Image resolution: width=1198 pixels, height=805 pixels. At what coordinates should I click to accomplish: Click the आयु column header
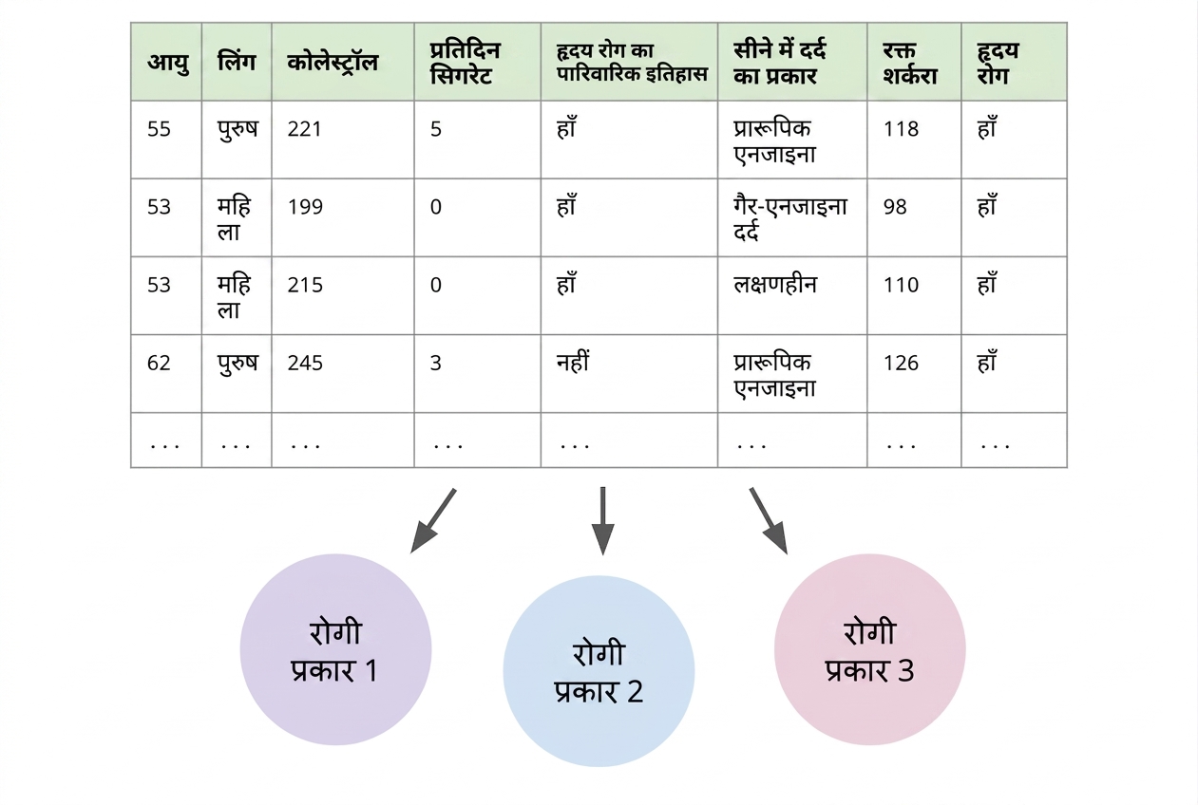tap(168, 63)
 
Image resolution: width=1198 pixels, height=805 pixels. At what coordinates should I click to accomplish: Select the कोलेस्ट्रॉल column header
tap(333, 63)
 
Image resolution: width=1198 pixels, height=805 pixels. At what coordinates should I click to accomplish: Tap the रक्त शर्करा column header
tap(910, 63)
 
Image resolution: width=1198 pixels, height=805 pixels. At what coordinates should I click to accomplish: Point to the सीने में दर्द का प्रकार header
tap(780, 63)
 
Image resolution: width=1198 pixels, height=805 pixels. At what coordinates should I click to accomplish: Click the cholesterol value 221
tap(304, 129)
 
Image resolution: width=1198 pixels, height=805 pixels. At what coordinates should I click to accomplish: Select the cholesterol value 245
tap(305, 363)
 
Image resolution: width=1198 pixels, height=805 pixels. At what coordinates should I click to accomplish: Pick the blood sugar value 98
tap(895, 207)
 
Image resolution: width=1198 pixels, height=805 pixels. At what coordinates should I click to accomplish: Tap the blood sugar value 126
tap(901, 363)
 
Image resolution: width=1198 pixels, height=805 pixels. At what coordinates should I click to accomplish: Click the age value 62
tap(159, 363)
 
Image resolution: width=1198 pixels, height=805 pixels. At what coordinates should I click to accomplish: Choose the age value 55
tap(159, 129)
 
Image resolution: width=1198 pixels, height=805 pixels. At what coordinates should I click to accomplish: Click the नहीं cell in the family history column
tap(573, 361)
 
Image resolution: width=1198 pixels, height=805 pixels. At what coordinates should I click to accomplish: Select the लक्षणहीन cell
tap(775, 284)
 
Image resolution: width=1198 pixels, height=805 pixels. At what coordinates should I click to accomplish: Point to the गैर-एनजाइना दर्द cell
tap(789, 218)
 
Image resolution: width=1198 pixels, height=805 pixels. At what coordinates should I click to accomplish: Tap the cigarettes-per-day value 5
tap(436, 129)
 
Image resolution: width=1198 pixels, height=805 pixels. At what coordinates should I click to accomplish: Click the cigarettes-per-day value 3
tap(436, 363)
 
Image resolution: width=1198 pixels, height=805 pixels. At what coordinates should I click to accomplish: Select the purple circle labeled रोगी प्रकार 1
tap(336, 649)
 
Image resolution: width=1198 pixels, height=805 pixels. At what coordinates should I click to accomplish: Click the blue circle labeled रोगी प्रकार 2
tap(599, 671)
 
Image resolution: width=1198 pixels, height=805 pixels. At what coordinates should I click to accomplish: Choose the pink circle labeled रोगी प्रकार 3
tap(870, 649)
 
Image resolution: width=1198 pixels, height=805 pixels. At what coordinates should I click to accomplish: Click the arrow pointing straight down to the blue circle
tap(602, 521)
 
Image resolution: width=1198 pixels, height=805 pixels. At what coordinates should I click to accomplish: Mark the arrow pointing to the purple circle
tap(433, 520)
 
